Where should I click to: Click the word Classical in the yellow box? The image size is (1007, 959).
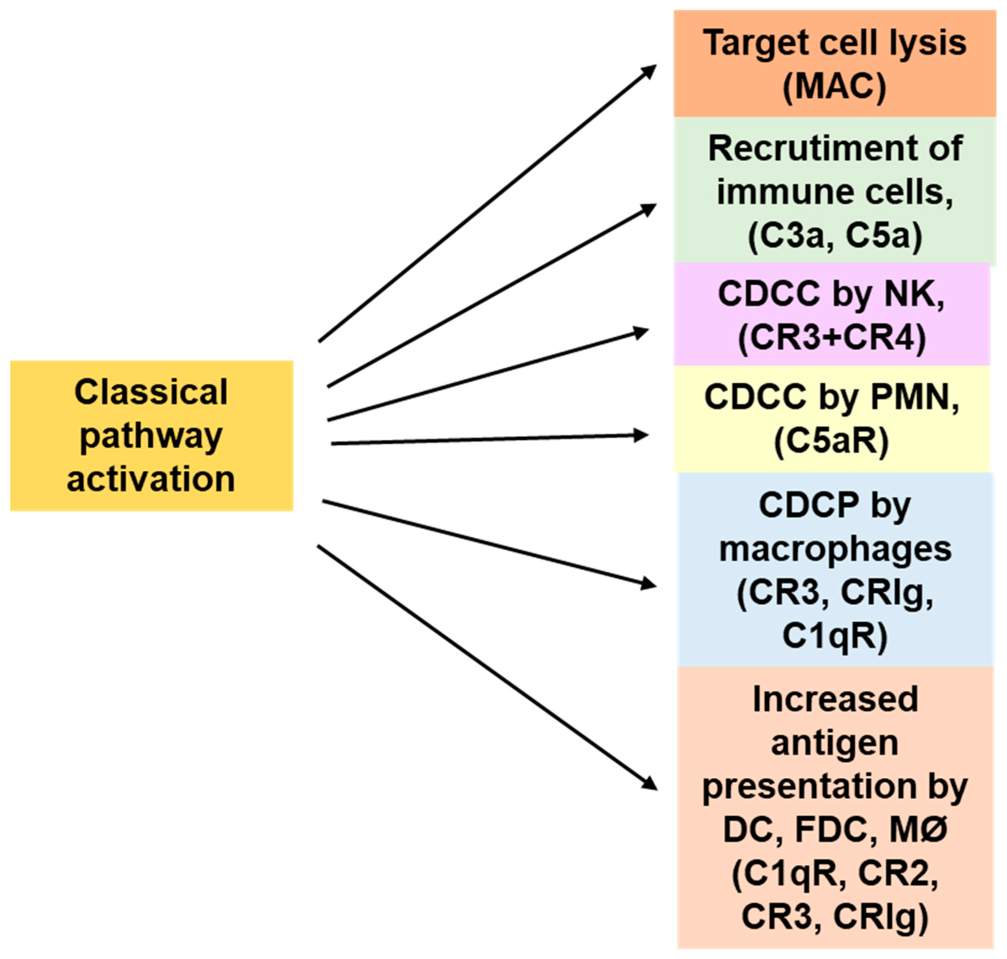151,393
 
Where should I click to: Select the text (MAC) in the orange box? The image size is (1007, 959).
834,87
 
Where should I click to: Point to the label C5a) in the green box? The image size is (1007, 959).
883,237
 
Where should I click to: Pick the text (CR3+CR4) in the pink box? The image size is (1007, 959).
832,338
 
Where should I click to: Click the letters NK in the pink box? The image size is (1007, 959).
913,295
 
